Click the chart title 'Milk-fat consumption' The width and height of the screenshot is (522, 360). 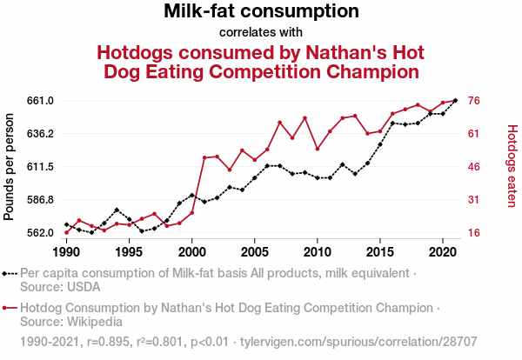click(x=261, y=12)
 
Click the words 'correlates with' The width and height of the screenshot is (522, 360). click(x=261, y=33)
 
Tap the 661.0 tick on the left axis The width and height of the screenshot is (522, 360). click(x=40, y=101)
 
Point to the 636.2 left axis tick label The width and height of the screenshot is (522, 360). click(x=40, y=134)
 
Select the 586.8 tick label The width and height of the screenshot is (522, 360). click(x=40, y=200)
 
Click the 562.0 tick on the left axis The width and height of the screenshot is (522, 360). click(x=40, y=233)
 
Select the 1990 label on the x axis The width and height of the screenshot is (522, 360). click(x=66, y=252)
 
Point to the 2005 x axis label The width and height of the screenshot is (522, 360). click(x=254, y=252)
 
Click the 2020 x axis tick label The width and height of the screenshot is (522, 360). click(x=443, y=252)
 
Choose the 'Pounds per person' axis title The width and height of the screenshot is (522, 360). click(x=10, y=166)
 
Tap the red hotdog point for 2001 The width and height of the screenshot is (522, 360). click(x=204, y=157)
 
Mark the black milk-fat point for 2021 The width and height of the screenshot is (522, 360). click(x=456, y=101)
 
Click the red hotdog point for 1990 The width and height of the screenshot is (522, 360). click(x=66, y=232)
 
